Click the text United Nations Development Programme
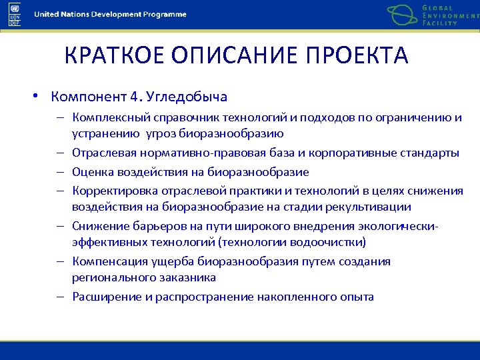111,15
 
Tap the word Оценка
91,172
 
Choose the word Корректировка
109,191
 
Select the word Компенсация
107,261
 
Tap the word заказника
187,277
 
